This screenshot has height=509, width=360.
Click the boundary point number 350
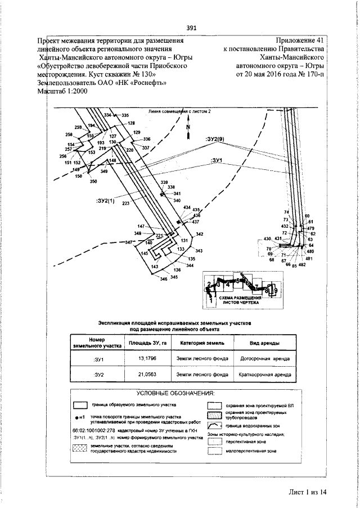pos(93,181)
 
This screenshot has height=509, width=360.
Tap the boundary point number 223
pos(125,203)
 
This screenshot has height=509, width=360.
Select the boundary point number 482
pos(301,265)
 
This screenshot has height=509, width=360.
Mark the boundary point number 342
pos(199,234)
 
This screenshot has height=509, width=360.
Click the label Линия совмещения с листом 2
pos(179,111)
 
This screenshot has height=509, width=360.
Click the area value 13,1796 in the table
pos(142,358)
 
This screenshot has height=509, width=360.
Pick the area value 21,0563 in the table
pos(142,373)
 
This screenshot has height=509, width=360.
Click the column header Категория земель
pos(202,343)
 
